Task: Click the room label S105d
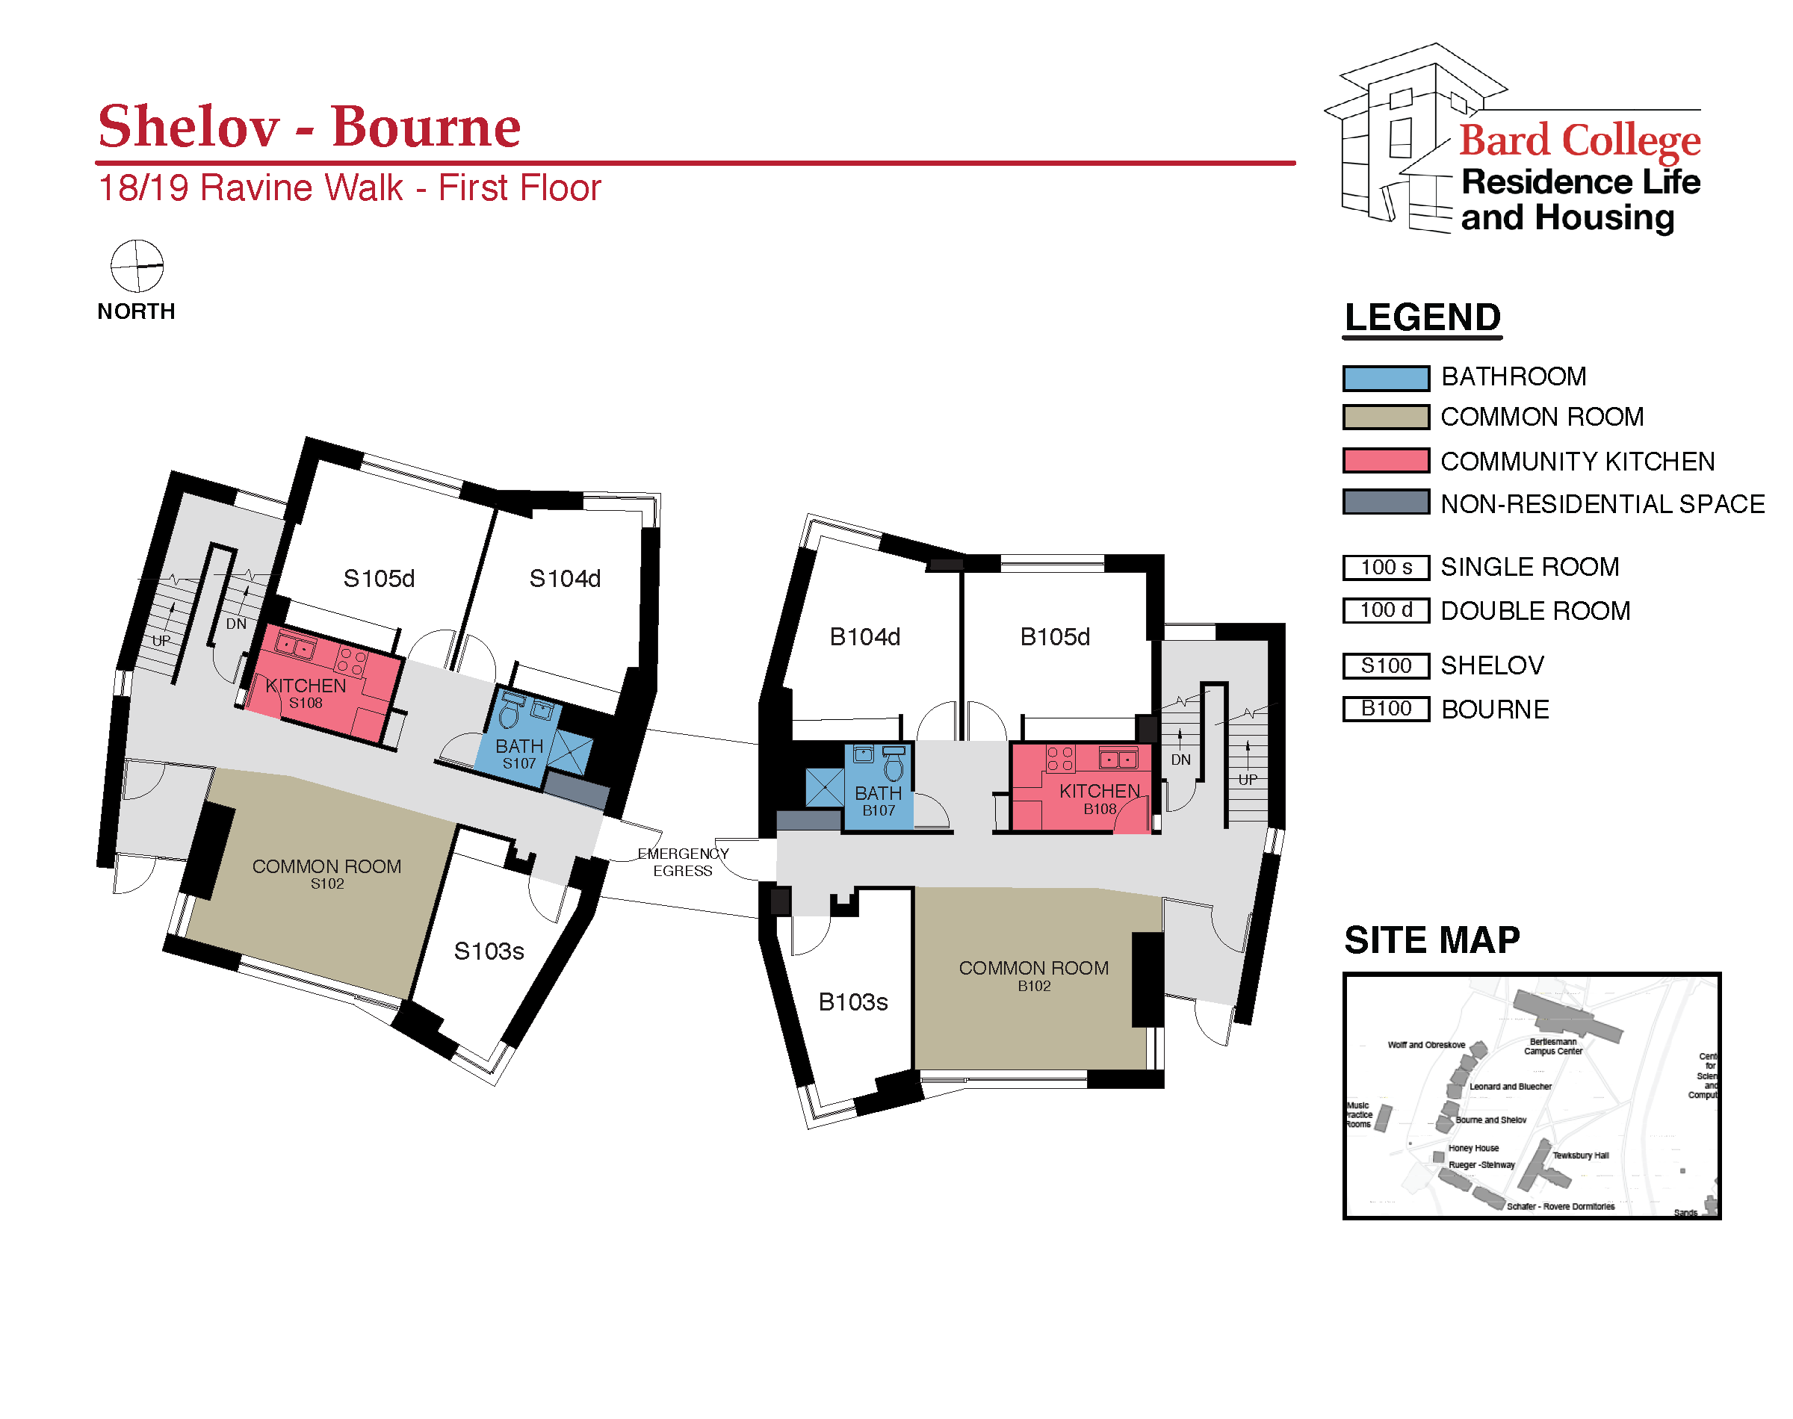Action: (x=379, y=578)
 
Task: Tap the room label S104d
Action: (x=565, y=578)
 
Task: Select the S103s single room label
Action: (x=489, y=951)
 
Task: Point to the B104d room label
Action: (x=865, y=636)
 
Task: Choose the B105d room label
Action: (x=1055, y=636)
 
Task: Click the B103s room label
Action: (x=853, y=1002)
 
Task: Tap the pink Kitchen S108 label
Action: (x=306, y=694)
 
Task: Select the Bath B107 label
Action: (x=879, y=801)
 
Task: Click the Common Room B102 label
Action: (x=1034, y=975)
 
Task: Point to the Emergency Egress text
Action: (x=683, y=862)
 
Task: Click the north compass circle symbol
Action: (x=137, y=266)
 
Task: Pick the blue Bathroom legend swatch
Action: (x=1386, y=378)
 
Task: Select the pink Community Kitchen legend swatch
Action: (x=1386, y=460)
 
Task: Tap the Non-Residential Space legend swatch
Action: (x=1386, y=503)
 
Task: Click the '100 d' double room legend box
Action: (x=1386, y=610)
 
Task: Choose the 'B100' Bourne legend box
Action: (x=1386, y=709)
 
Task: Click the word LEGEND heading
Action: (x=1422, y=317)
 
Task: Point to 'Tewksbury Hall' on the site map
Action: (x=1580, y=1155)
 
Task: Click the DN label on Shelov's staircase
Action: (x=236, y=624)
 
